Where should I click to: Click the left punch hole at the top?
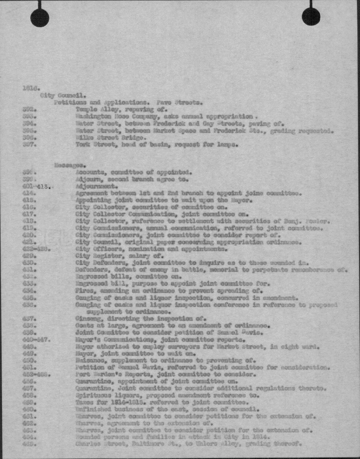40,17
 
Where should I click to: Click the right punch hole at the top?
311,16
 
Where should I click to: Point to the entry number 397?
29,145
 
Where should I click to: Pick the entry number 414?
29,194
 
